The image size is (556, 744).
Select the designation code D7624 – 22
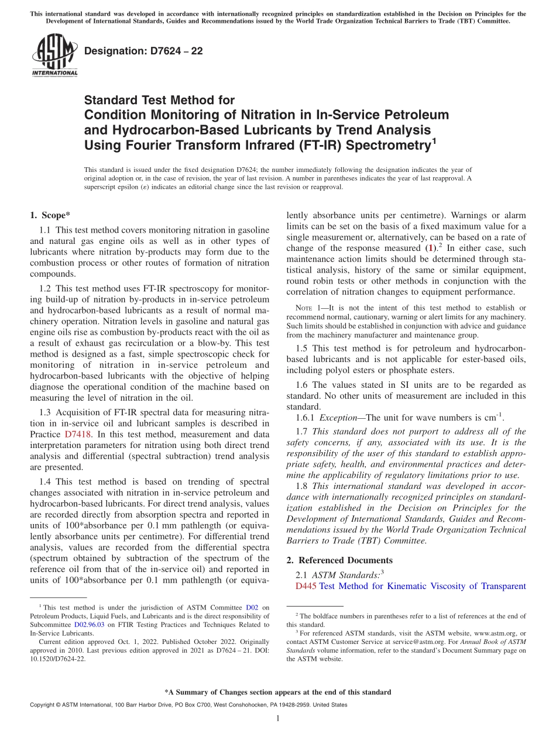pos(143,51)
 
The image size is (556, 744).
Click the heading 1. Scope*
pos(50,215)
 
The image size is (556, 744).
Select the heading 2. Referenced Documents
pos(339,560)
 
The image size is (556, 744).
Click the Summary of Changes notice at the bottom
pos(277,692)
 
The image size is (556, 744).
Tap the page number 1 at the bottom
pos(278,718)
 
